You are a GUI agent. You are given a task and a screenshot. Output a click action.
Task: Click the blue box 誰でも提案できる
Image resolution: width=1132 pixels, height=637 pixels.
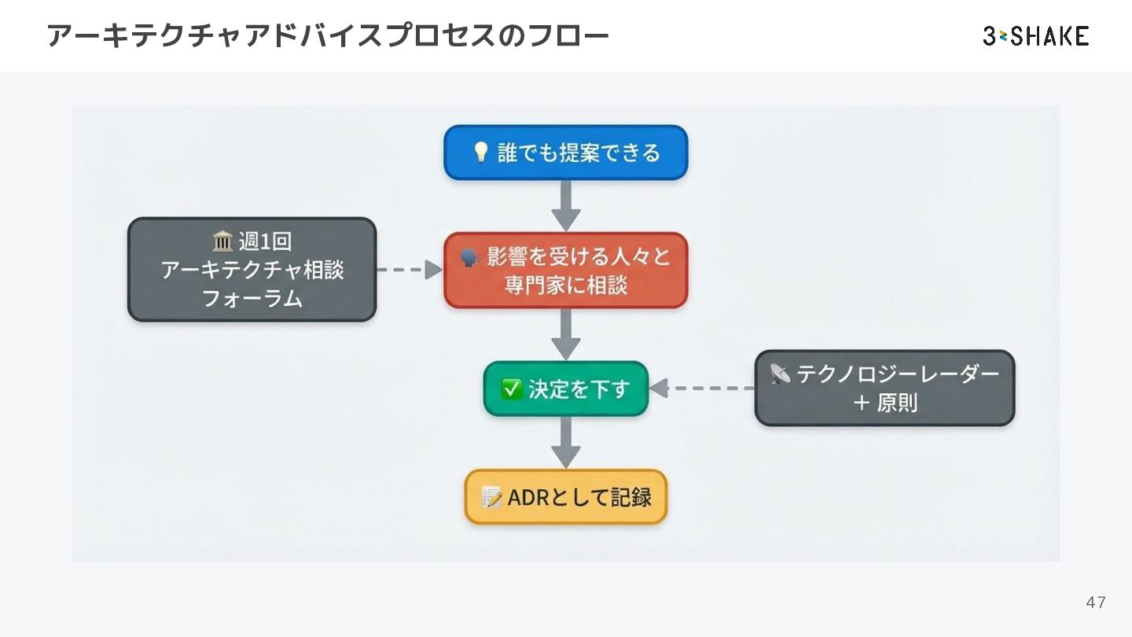coord(565,153)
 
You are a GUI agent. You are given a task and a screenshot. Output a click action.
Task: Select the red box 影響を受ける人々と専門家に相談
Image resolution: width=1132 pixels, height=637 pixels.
coord(565,270)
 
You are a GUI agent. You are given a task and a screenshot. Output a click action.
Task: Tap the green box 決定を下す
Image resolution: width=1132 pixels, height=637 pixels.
coord(565,388)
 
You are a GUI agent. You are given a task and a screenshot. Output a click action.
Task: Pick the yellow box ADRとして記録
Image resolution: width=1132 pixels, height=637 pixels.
coord(565,497)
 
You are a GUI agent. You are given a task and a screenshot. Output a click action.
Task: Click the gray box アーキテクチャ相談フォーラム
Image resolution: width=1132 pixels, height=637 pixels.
coord(252,270)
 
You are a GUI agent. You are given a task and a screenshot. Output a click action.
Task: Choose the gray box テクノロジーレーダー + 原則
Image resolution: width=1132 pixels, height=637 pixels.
coord(884,388)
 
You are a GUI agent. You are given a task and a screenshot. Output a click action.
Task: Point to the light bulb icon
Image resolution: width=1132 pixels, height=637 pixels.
coord(481,152)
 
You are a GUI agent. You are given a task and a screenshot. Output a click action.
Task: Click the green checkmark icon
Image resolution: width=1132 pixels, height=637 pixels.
coord(512,388)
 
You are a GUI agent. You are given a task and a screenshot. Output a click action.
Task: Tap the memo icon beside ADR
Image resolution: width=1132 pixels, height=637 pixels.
coord(491,497)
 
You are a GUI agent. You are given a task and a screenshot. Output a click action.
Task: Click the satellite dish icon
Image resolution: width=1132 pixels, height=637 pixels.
coord(780,374)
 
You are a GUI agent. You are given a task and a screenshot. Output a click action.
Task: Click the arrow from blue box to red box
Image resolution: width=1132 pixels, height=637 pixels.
coord(565,206)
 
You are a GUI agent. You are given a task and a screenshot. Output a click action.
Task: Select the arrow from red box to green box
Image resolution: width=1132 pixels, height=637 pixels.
coord(565,335)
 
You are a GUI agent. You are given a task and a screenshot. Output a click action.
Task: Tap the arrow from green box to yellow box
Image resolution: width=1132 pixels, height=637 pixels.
coord(565,443)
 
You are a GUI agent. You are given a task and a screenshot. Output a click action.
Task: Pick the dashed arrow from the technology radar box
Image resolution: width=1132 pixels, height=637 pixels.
coord(701,388)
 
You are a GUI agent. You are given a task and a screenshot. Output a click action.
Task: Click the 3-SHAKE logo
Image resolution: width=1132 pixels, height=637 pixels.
coord(1035,36)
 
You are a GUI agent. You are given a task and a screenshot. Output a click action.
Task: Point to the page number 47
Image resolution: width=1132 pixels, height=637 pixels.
coord(1095,602)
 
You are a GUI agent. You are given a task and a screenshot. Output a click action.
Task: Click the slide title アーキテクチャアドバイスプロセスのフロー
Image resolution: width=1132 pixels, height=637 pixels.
coord(328,36)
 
